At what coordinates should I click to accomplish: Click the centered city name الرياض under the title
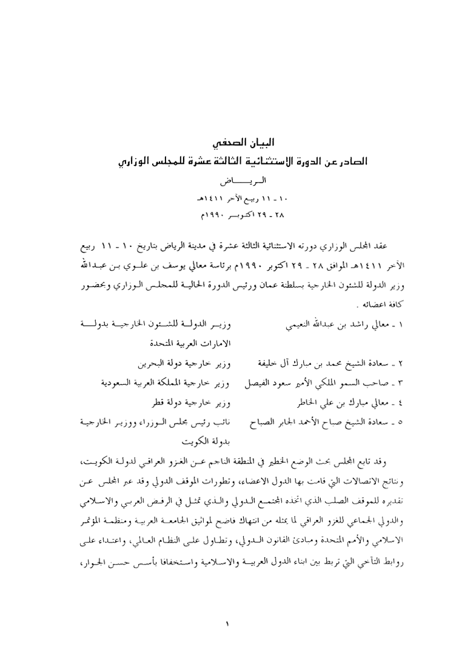pos(230,181)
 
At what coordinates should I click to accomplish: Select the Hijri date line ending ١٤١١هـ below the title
pos(230,198)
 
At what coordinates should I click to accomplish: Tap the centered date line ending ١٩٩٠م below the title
pos(230,215)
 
